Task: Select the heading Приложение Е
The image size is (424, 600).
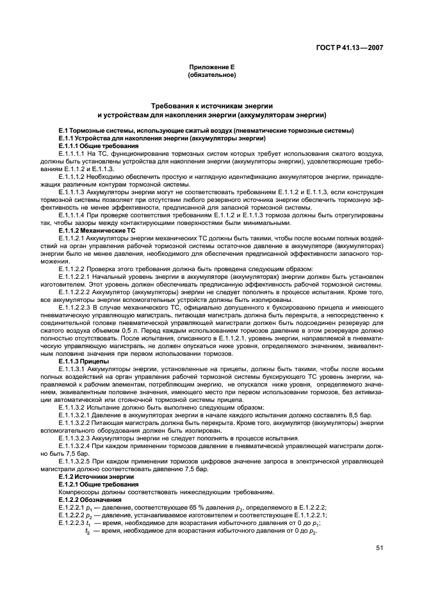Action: pyautogui.click(x=211, y=67)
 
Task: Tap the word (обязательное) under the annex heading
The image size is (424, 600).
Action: pyautogui.click(x=211, y=75)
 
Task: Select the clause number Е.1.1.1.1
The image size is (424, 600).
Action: pyautogui.click(x=72, y=154)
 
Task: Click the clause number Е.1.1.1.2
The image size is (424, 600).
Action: pyautogui.click(x=72, y=176)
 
